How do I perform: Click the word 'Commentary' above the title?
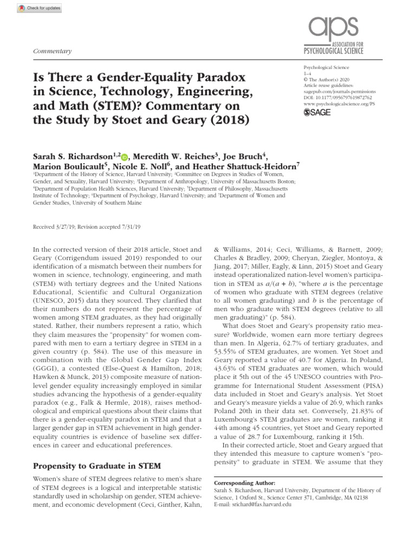pyautogui.click(x=53, y=51)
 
